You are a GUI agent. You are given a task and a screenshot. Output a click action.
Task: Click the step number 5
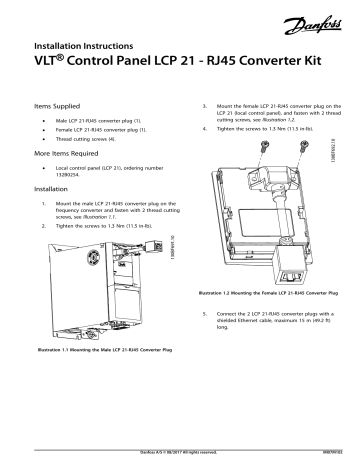click(190, 313)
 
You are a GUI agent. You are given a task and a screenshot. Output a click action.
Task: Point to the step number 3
click(190, 103)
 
